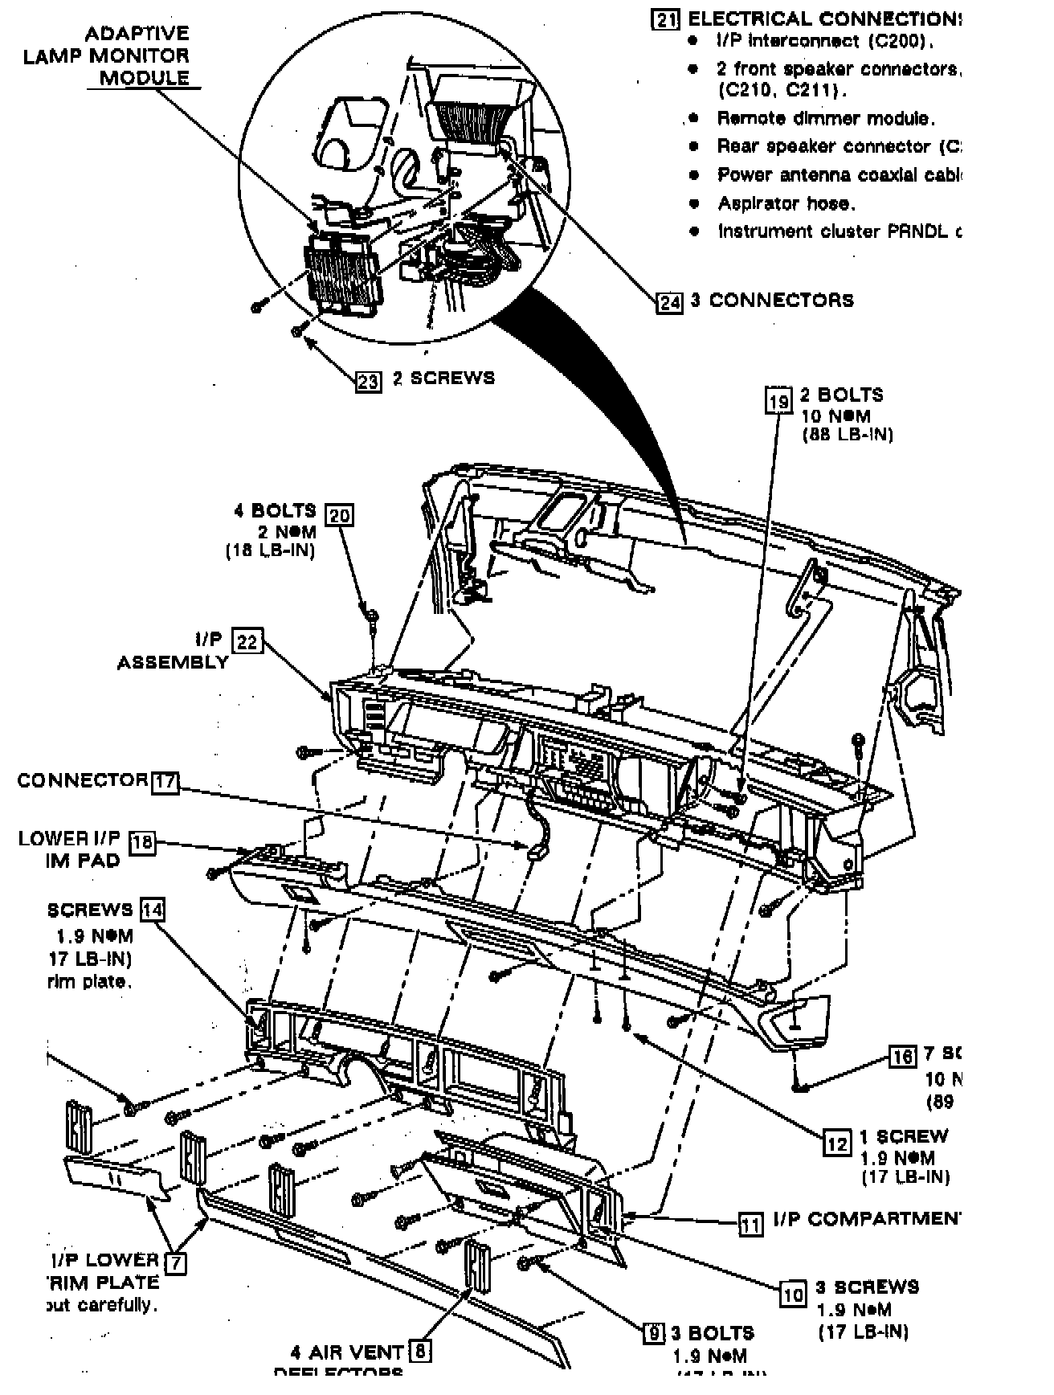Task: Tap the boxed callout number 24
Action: [670, 302]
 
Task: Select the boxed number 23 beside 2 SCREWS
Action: [369, 380]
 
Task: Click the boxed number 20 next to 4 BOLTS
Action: [340, 514]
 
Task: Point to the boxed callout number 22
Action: [247, 641]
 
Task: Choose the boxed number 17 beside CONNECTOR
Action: [165, 782]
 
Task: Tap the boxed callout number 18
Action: [142, 842]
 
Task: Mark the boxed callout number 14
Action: [153, 910]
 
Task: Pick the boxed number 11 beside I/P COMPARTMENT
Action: [751, 1224]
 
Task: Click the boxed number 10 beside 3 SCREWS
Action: [793, 1293]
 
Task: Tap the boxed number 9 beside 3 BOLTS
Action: [656, 1334]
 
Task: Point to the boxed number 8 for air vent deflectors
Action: [419, 1352]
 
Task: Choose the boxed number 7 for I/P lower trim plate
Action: [176, 1262]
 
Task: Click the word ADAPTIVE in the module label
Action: [137, 34]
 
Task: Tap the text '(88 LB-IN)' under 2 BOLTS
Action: [848, 435]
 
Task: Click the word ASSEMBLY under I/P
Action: [173, 663]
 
